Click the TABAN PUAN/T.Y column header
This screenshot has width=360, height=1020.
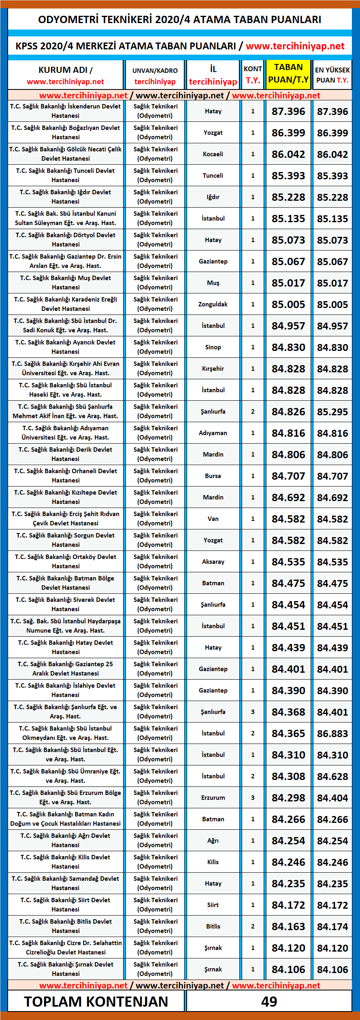tap(288, 74)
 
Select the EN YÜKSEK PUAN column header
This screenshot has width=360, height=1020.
tap(332, 75)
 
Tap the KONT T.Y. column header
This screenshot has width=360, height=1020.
tap(253, 75)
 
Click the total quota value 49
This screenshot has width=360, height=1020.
tap(269, 1001)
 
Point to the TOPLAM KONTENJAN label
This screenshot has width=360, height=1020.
tap(96, 1001)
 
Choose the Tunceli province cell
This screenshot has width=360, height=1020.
tap(213, 176)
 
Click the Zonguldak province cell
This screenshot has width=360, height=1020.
tap(213, 304)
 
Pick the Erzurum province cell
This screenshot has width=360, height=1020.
tap(213, 797)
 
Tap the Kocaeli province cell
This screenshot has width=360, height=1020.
tap(213, 154)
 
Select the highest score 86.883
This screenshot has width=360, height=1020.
tap(332, 733)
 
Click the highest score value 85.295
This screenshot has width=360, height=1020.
tap(332, 412)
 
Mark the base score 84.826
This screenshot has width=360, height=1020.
tap(288, 412)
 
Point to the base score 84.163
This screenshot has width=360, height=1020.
tap(288, 926)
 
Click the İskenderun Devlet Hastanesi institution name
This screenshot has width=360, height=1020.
tap(66, 111)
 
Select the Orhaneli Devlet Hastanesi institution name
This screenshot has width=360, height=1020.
tap(66, 476)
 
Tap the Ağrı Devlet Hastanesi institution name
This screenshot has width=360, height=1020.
tap(66, 840)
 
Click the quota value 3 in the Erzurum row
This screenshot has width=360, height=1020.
tap(253, 797)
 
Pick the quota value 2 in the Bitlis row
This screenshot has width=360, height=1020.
tap(253, 926)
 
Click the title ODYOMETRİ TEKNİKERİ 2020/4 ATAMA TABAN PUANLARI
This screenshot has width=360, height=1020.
tap(180, 19)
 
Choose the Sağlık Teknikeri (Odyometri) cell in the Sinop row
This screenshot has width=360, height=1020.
tap(156, 347)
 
